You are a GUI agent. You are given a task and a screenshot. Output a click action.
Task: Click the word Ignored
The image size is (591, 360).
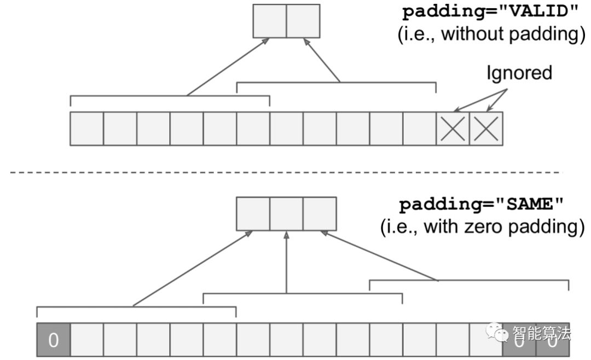[519, 73]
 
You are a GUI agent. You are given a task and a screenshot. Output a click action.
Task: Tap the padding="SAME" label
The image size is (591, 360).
[482, 206]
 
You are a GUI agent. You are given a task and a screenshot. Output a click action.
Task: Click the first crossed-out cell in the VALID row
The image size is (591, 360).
[453, 129]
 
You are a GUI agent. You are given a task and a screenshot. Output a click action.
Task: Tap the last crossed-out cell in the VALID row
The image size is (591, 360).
[486, 129]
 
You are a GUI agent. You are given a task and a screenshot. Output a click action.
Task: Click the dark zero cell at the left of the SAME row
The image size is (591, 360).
[53, 340]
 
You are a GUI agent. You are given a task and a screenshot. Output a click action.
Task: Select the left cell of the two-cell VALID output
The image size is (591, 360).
[270, 21]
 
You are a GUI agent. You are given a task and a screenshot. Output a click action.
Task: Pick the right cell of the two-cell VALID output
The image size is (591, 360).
[303, 21]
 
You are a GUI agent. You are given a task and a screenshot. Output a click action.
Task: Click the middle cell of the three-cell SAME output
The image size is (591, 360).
[286, 214]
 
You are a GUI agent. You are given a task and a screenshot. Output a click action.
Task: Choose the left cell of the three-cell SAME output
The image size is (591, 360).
[253, 214]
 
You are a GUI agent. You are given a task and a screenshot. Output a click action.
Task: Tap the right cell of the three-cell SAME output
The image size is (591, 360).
[319, 214]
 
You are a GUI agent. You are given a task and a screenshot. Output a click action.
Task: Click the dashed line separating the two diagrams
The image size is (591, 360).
[285, 172]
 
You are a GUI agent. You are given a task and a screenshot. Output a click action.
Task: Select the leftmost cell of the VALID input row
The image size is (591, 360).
[86, 129]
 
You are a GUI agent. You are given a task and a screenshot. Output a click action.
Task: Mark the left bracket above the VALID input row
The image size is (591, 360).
[170, 97]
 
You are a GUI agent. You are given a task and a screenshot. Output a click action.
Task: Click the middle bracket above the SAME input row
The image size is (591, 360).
[303, 294]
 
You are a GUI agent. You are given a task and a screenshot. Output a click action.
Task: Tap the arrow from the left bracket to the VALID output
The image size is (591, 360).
[227, 67]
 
